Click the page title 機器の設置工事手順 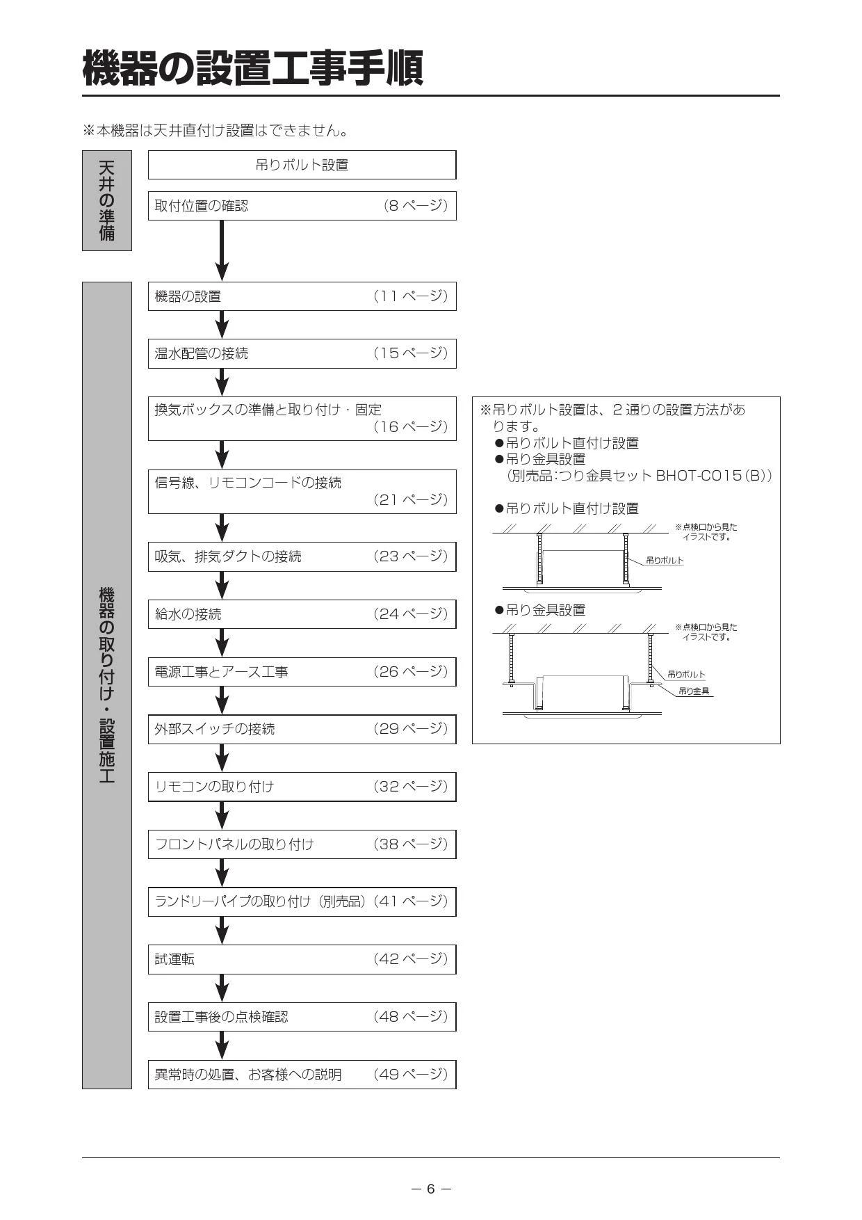(253, 68)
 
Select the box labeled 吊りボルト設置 (302, 165)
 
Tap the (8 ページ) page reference (416, 206)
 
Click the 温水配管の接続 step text (201, 353)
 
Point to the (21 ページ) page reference (411, 499)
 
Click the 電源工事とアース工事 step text (221, 672)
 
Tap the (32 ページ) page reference (411, 787)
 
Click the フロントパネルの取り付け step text (234, 844)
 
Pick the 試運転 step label (174, 959)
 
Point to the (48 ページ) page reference (411, 1017)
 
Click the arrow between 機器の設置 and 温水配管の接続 (222, 325)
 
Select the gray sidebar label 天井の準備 (107, 200)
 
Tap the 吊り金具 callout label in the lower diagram (694, 691)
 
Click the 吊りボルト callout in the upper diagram (665, 560)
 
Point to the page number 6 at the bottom (431, 1189)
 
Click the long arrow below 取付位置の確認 (222, 250)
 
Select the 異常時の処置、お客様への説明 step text (248, 1075)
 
